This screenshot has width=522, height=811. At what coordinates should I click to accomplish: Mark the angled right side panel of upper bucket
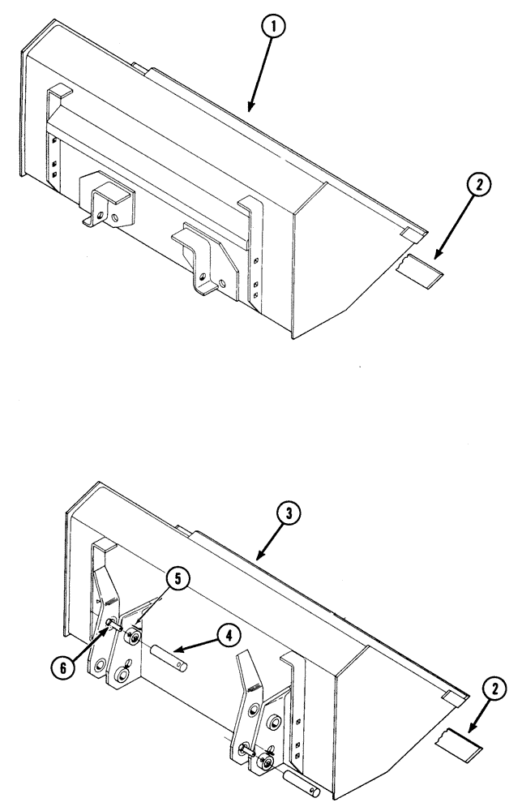pos(340,260)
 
